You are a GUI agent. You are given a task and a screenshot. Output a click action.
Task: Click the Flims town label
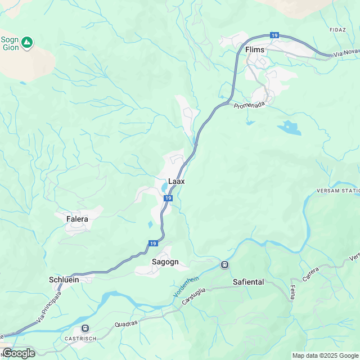pos(255,50)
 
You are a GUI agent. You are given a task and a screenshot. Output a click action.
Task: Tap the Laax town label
pos(177,182)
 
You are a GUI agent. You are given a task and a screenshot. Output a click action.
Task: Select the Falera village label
pos(77,219)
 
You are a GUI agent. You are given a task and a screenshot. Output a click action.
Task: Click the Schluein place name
pos(64,279)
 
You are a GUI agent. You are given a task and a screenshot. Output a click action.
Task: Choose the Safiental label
pos(248,281)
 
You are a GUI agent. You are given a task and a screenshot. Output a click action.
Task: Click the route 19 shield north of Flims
pos(274,35)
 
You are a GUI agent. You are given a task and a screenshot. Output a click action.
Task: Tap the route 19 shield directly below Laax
pos(168,198)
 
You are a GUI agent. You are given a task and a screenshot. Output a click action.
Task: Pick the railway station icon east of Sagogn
pos(224,264)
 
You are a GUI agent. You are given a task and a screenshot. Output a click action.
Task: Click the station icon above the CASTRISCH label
pos(85,328)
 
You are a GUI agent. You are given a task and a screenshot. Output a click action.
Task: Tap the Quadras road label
pos(125,325)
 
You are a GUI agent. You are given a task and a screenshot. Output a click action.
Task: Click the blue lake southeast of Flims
pos(289,128)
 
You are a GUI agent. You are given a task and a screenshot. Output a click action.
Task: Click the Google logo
pos(18,353)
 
